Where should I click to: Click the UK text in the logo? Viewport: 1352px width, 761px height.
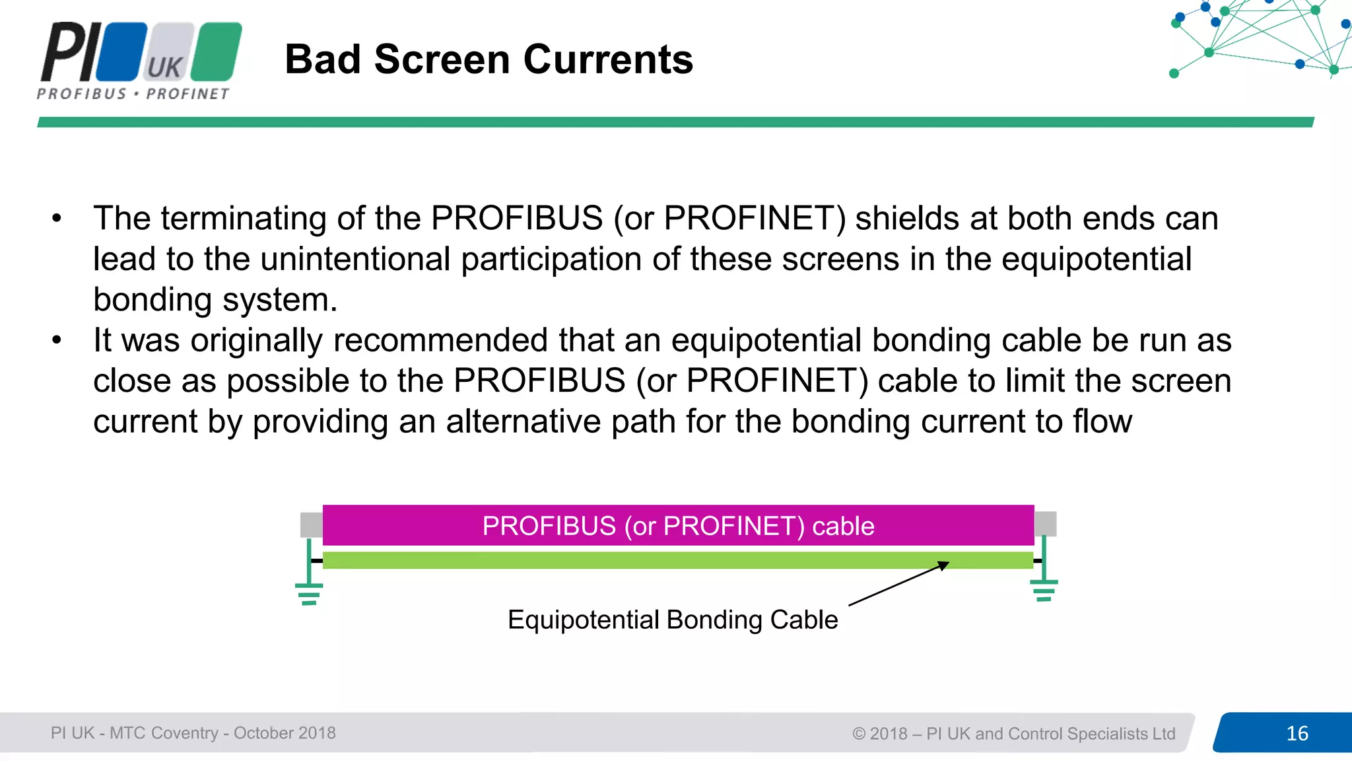[164, 67]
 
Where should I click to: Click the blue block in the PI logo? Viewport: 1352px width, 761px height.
[122, 52]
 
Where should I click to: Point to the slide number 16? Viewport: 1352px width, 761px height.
[1297, 733]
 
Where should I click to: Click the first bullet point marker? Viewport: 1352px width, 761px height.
[57, 219]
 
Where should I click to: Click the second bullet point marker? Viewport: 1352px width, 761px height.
[57, 341]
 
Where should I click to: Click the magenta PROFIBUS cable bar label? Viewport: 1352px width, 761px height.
[678, 526]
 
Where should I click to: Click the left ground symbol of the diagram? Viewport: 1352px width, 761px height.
[309, 593]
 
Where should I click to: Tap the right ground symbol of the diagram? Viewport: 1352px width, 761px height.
[1044, 590]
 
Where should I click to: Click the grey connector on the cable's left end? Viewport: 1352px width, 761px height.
[311, 525]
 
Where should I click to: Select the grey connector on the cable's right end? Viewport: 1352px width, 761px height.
[1045, 524]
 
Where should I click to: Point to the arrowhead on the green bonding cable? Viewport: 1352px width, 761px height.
[944, 565]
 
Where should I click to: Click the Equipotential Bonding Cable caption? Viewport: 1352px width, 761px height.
[672, 620]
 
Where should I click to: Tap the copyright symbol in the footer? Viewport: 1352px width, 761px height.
[858, 734]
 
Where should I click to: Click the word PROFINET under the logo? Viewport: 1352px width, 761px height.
[187, 94]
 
